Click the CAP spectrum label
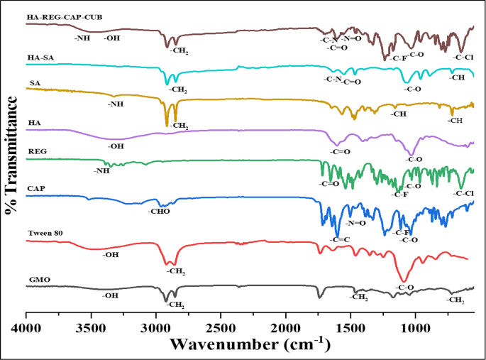coord(36,190)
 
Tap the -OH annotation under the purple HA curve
coord(116,146)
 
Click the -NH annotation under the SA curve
coord(116,104)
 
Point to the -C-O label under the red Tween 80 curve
coord(404,288)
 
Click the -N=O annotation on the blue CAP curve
coord(355,223)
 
